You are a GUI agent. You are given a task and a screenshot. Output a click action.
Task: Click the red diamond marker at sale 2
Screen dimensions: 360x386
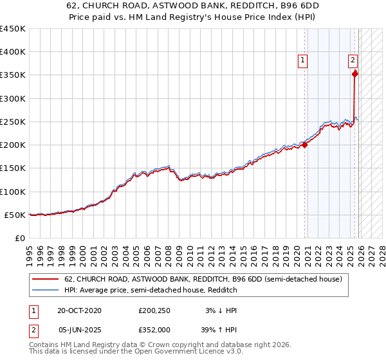[x=354, y=74]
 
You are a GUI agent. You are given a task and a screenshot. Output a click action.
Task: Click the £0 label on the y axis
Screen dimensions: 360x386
[x=19, y=238]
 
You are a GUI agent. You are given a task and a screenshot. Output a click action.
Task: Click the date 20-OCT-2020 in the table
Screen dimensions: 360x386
[x=79, y=310]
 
